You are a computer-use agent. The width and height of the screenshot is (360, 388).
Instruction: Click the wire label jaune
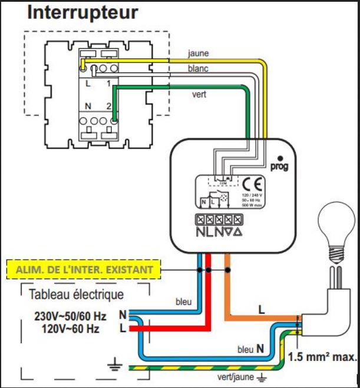pyautogui.click(x=198, y=53)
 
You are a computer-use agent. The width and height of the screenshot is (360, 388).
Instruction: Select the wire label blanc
pyautogui.click(x=198, y=69)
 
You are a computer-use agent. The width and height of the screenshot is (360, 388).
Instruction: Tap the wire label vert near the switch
pyautogui.click(x=199, y=94)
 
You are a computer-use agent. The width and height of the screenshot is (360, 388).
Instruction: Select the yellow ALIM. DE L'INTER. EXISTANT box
pyautogui.click(x=87, y=269)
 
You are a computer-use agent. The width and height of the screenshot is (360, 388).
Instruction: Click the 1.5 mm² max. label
pyautogui.click(x=323, y=356)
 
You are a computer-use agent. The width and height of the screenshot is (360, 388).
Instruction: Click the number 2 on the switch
pyautogui.click(x=108, y=106)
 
